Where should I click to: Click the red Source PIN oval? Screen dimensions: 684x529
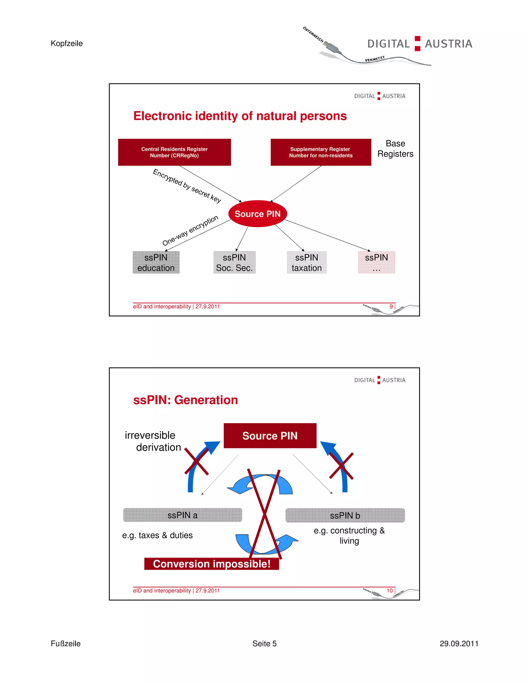(258, 214)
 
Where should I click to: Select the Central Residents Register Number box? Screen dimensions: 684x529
(174, 152)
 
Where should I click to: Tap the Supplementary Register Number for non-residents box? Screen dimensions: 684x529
(321, 152)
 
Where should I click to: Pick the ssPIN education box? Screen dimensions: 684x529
(156, 263)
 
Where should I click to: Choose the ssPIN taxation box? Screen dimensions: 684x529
(307, 263)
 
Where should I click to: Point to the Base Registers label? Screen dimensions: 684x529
(395, 148)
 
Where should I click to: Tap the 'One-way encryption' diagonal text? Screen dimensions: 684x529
(190, 230)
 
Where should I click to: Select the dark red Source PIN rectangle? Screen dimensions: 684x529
(270, 436)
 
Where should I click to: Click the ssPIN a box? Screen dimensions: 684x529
(182, 515)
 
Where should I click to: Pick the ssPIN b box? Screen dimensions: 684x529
(345, 515)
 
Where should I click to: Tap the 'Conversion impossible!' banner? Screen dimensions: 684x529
(212, 564)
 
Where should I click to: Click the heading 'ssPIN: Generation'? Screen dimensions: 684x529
(185, 400)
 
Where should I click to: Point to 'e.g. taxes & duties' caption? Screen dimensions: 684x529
(157, 535)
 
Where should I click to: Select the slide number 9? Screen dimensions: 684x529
(391, 306)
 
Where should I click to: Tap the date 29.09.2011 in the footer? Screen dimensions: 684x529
(459, 643)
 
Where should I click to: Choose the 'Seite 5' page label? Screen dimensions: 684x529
(264, 643)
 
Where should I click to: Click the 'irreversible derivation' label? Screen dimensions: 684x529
(153, 441)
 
